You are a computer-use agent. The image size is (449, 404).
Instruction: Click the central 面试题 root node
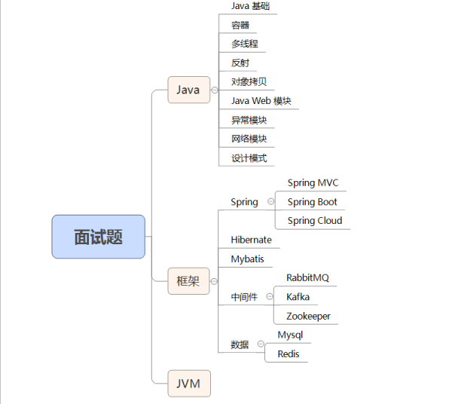pos(98,237)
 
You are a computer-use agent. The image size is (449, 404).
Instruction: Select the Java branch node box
pos(188,90)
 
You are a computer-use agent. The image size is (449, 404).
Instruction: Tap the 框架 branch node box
pos(188,281)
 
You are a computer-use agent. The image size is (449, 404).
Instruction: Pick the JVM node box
pos(188,383)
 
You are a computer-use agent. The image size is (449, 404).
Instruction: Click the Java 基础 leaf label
pos(250,6)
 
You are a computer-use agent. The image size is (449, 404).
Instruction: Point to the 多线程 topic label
pos(245,44)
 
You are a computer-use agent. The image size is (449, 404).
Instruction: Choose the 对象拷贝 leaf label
pos(249,81)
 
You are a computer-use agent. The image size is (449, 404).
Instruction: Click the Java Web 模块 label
pos(261,101)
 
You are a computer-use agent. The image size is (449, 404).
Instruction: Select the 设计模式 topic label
pos(249,158)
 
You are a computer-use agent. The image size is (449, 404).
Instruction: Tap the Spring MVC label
pos(313,182)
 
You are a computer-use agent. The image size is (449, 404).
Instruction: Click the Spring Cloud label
pos(314,220)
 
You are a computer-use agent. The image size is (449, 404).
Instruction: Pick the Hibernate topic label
pos(251,240)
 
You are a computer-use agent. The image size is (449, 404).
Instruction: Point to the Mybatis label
pos(247,259)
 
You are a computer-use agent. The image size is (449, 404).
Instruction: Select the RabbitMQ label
pos(307,277)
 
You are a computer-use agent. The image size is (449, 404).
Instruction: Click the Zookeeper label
pos(308,316)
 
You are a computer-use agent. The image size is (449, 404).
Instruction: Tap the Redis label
pos(289,353)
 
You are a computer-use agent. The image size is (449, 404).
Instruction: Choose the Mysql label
pos(290,335)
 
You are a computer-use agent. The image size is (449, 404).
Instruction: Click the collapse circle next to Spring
pos(270,201)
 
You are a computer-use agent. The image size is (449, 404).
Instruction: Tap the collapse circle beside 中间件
pos(270,297)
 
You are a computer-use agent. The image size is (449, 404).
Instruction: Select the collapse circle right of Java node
pos(215,90)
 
